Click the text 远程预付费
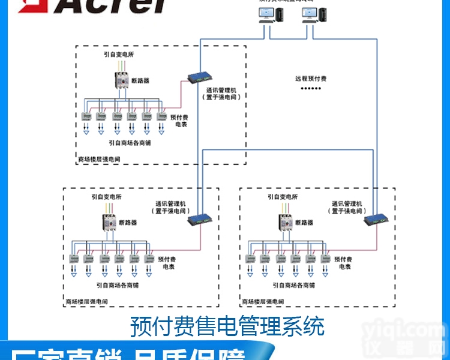pyautogui.click(x=311, y=79)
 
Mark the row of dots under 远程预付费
pyautogui.click(x=311, y=89)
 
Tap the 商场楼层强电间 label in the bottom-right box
pyautogui.click(x=261, y=301)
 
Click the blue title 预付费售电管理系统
pyautogui.click(x=227, y=326)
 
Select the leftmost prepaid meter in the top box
pyautogui.click(x=86, y=116)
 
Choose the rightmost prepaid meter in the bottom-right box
pyautogui.click(x=325, y=259)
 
